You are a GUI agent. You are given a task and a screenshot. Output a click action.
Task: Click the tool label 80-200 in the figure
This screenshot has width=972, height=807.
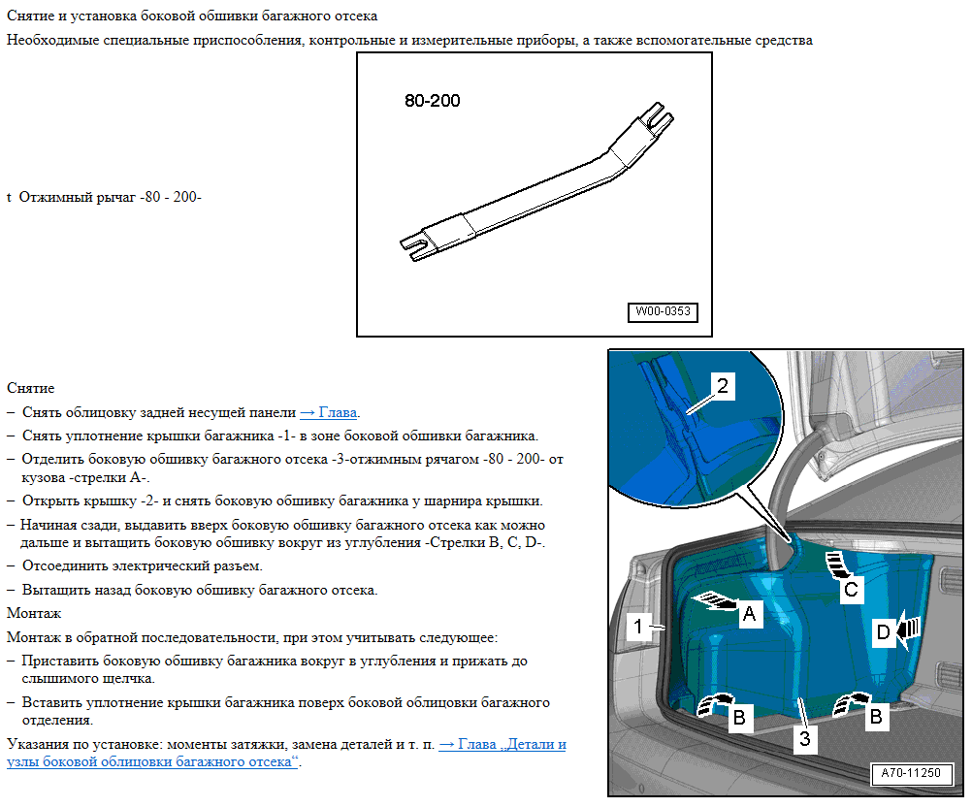pyautogui.click(x=433, y=101)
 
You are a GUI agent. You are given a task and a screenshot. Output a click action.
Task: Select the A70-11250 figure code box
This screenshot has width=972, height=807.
pyautogui.click(x=911, y=773)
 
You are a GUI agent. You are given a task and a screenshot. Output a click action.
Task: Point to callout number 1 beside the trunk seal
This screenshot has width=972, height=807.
pyautogui.click(x=638, y=627)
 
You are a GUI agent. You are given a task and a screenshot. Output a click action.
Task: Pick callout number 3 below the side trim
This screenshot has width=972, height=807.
pyautogui.click(x=804, y=738)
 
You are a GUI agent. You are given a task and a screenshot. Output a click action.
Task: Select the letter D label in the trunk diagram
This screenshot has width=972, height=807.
pyautogui.click(x=884, y=632)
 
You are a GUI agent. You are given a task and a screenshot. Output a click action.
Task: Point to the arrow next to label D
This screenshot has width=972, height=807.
pyautogui.click(x=908, y=631)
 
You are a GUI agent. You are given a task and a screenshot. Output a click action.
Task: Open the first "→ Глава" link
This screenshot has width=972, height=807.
pyautogui.click(x=329, y=412)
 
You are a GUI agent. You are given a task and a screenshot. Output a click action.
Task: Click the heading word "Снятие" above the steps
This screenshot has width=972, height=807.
pyautogui.click(x=30, y=388)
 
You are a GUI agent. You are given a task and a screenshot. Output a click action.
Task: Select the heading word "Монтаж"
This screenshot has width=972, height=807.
pyautogui.click(x=34, y=613)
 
